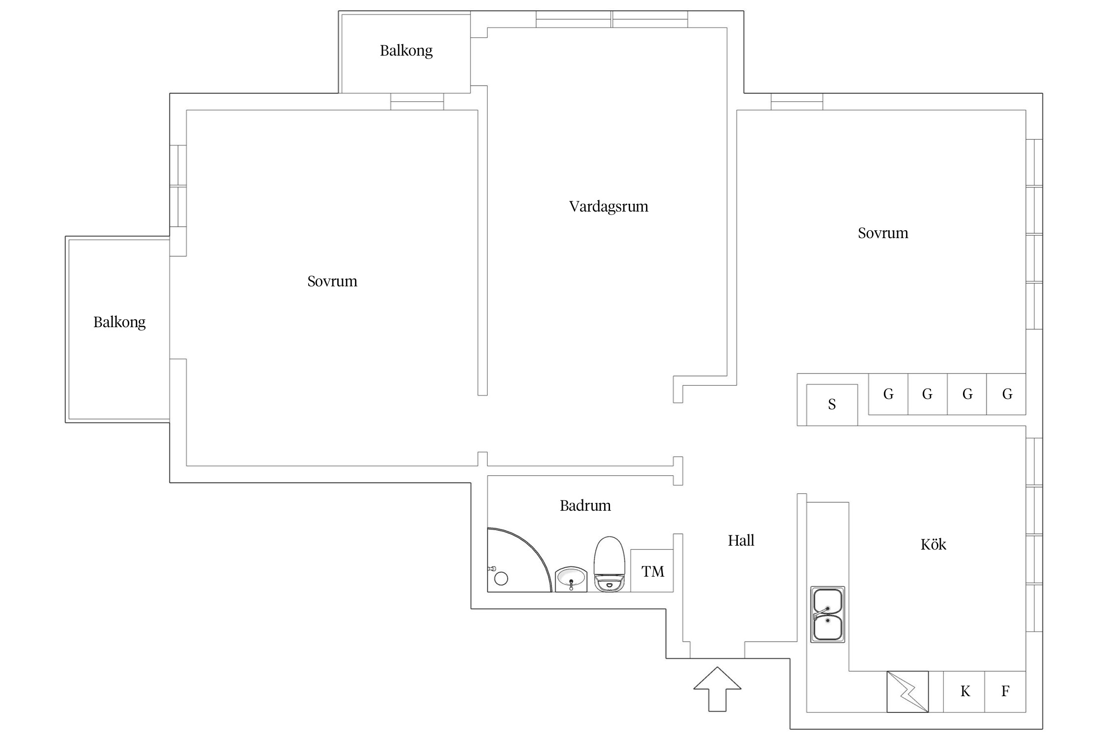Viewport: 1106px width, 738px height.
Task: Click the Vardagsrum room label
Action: point(609,207)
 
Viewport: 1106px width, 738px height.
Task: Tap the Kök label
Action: point(933,544)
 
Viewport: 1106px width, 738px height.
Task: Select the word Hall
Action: point(741,541)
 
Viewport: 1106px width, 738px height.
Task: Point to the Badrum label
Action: point(585,506)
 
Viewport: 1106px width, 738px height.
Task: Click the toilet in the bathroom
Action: point(610,564)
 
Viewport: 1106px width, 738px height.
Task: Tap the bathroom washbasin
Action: point(571,579)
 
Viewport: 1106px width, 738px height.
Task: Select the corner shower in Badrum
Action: point(519,560)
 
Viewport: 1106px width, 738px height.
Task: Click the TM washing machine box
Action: point(652,571)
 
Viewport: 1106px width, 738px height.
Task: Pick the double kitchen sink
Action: point(828,615)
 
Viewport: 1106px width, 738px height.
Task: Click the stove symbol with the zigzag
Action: point(907,692)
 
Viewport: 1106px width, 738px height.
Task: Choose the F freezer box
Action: point(1005,692)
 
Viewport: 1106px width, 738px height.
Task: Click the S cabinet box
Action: point(832,405)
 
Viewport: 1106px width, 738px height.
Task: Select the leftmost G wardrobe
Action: point(888,394)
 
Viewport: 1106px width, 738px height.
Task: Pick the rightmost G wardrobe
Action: point(1006,394)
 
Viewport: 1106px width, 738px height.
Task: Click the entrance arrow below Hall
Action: point(717,689)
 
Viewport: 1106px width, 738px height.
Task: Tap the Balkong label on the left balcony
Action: point(119,323)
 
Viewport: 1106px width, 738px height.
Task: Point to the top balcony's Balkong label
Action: point(406,51)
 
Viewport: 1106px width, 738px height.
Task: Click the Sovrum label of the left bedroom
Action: point(332,281)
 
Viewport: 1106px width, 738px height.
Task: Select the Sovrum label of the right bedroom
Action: point(883,233)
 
